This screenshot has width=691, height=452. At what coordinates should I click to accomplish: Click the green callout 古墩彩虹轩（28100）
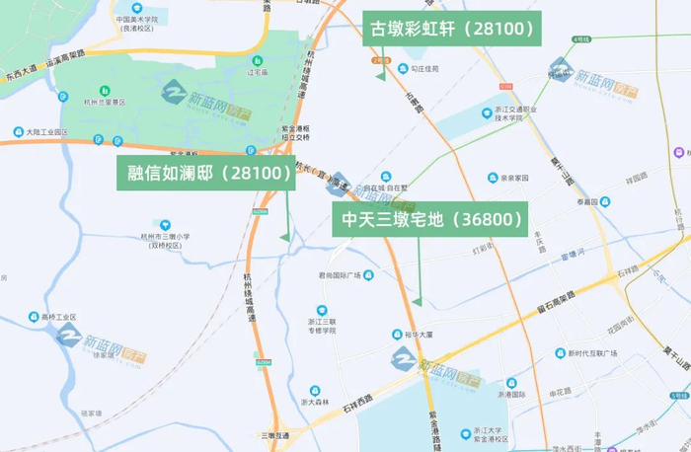452,30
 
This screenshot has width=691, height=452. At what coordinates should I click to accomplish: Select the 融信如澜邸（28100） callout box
206,173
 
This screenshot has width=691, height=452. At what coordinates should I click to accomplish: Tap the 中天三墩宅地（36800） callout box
430,219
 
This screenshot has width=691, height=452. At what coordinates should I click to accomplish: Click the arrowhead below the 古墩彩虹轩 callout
379,75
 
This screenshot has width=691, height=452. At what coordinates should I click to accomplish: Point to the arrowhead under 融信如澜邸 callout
284,237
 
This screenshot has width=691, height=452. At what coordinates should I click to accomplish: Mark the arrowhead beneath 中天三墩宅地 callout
417,301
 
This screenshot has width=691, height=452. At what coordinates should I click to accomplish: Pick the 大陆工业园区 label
45,131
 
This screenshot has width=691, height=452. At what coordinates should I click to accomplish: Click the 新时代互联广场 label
591,353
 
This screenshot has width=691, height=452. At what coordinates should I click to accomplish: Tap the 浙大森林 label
314,402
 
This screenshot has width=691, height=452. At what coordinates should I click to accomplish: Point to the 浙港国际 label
513,394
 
